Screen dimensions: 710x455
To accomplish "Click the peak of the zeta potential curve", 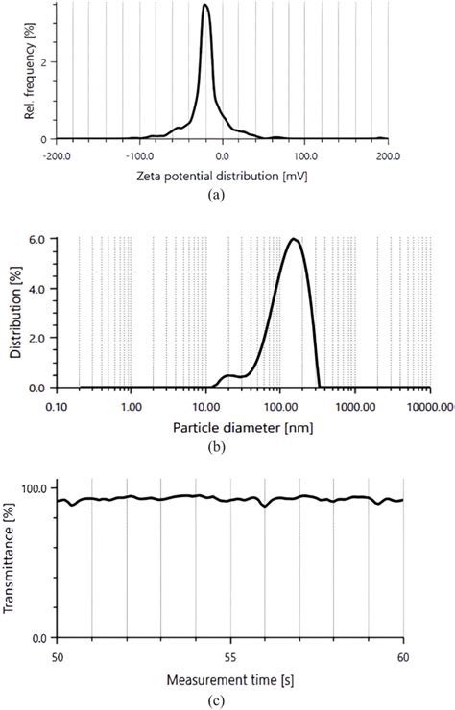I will click(205, 6).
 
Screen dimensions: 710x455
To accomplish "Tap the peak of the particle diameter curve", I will click(294, 239).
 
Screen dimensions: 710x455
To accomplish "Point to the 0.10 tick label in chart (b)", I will click(58, 406).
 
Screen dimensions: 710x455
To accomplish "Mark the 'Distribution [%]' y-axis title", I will click(15, 312).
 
